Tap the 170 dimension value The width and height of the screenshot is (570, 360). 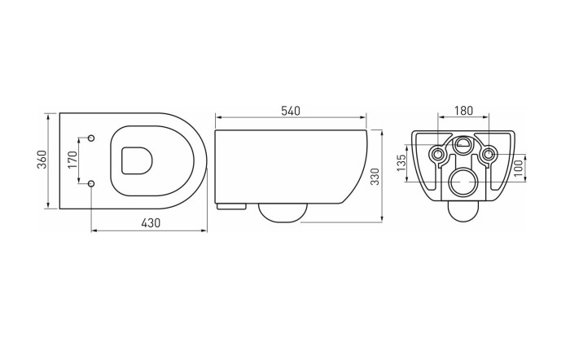pos(72,160)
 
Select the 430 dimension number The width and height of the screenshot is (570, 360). pos(150,222)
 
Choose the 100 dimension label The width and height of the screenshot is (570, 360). pos(519,168)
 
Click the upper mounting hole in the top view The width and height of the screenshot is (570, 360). pos(91,137)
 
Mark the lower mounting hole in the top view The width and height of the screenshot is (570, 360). pos(91,182)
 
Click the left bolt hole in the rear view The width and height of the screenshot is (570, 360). pos(438,155)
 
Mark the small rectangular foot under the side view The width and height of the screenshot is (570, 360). pos(232,205)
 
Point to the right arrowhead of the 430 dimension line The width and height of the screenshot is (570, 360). pos(207,230)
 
